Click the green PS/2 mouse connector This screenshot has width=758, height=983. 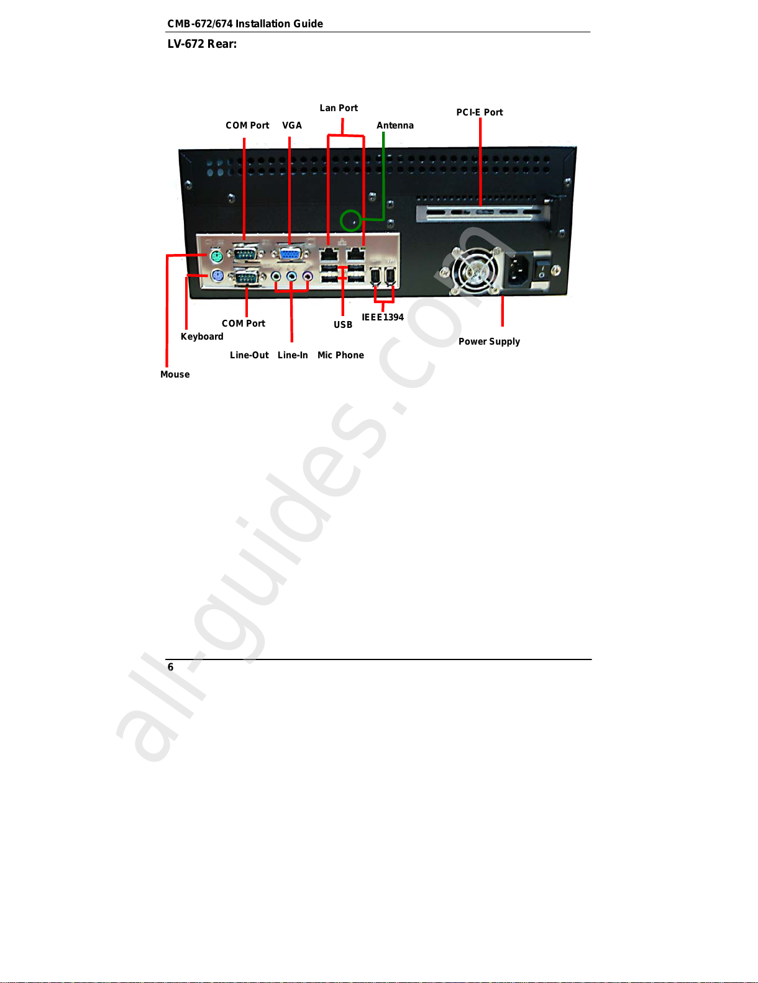click(216, 256)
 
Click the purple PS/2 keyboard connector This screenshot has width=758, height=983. click(217, 275)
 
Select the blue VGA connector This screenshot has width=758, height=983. click(290, 255)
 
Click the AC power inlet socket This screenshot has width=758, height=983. click(519, 270)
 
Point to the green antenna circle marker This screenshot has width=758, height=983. click(351, 220)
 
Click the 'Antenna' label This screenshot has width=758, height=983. click(395, 125)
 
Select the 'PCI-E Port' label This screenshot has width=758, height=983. click(480, 112)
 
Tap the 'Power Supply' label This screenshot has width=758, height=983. click(489, 342)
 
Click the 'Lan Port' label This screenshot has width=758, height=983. click(339, 108)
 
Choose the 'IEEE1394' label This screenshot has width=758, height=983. click(383, 317)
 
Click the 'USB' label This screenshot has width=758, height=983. click(343, 325)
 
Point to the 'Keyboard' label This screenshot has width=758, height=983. click(202, 337)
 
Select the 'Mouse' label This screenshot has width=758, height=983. click(175, 374)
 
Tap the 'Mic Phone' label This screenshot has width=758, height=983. click(340, 355)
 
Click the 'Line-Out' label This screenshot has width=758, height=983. click(249, 355)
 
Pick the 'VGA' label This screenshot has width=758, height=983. click(292, 125)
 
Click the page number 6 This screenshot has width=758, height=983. click(171, 667)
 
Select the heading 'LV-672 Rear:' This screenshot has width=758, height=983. click(202, 44)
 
